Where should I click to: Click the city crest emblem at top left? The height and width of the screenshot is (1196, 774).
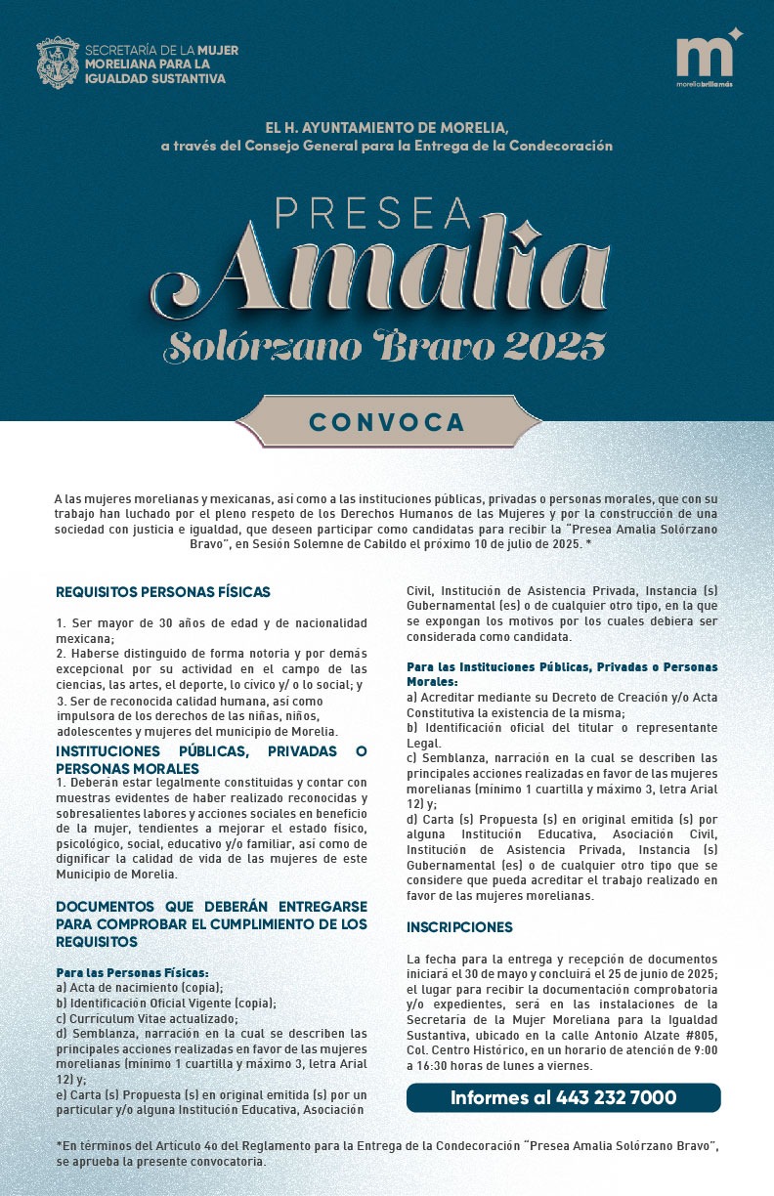pos(57,63)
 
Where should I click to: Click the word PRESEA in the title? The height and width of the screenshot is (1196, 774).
pos(373,213)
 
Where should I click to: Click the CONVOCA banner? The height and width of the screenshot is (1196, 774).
pos(387,421)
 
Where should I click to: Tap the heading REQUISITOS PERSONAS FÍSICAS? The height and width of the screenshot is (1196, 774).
pos(163,591)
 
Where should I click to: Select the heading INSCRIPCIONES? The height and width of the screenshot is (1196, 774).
pos(459,926)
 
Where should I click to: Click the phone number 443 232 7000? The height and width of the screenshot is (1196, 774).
pos(616,1097)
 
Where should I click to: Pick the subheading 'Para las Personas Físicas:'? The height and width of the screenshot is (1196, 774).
pos(133,973)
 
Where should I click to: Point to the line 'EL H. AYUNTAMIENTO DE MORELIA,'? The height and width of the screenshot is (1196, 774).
pos(387,128)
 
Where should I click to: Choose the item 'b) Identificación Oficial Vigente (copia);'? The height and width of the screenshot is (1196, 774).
pos(166,1003)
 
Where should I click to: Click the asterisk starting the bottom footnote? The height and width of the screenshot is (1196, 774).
pos(59,1144)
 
